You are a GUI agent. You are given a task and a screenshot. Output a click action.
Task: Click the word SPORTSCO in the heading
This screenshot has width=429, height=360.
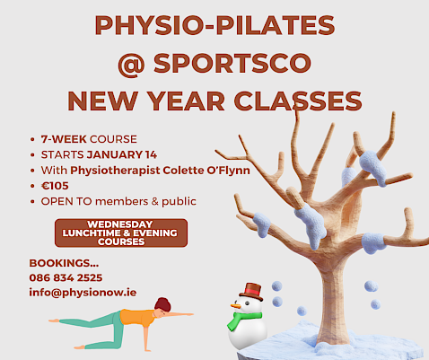tap(232, 63)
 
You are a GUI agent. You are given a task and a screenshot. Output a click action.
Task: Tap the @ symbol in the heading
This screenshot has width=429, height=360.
tap(131, 65)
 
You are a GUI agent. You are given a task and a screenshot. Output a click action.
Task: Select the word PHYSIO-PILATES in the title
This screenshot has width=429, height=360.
tap(214, 25)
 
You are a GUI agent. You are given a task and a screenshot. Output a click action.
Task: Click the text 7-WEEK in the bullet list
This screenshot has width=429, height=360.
tap(64, 139)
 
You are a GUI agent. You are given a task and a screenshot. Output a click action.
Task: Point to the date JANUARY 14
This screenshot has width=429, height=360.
tap(121, 154)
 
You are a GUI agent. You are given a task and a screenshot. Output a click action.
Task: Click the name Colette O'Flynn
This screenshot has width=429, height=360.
tap(206, 171)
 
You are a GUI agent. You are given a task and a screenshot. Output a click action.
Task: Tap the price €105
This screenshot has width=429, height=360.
tap(55, 186)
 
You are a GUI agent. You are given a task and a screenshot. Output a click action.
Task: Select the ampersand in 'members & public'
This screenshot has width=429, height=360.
tap(154, 201)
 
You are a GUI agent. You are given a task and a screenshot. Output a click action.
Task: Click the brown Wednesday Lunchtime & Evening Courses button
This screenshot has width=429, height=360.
tap(121, 233)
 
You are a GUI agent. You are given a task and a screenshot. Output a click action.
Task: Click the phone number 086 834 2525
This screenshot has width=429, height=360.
tap(66, 277)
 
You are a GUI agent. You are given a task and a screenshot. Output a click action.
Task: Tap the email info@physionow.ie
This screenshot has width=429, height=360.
tap(83, 293)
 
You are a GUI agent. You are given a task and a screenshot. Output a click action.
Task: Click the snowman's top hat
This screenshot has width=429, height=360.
tap(251, 291)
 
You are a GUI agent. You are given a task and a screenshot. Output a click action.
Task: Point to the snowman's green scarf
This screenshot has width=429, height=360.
tap(244, 320)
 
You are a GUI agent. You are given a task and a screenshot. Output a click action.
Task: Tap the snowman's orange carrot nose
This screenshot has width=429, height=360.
tap(235, 306)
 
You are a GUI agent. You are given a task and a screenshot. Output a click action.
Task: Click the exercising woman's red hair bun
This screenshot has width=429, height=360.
tap(163, 303)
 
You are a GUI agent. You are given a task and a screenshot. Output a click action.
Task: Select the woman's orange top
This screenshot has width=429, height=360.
tap(136, 318)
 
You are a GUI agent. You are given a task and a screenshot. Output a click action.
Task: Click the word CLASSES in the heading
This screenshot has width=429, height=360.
tap(298, 101)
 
